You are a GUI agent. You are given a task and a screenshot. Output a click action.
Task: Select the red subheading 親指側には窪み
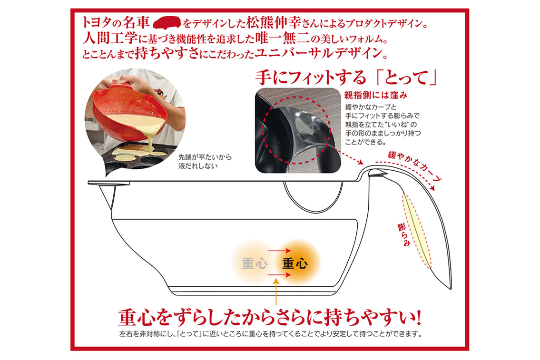(376, 95)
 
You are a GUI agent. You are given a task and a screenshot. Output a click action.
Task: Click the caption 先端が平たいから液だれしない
(205, 161)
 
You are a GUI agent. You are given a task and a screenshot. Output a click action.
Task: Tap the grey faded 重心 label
(255, 263)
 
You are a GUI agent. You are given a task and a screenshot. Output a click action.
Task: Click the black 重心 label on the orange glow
(295, 263)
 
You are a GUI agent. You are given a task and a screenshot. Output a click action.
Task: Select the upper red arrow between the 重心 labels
(279, 251)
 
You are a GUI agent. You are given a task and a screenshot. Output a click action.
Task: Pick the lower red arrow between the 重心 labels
(279, 275)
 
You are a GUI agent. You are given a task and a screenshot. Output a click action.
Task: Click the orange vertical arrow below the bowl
(276, 292)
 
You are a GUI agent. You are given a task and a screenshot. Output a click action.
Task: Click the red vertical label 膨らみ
(403, 235)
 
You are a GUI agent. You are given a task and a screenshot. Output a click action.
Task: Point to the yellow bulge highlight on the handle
(417, 231)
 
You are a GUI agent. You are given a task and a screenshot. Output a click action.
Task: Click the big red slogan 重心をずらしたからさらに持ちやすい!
(269, 317)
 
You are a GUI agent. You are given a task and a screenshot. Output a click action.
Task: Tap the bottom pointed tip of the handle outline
(451, 288)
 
